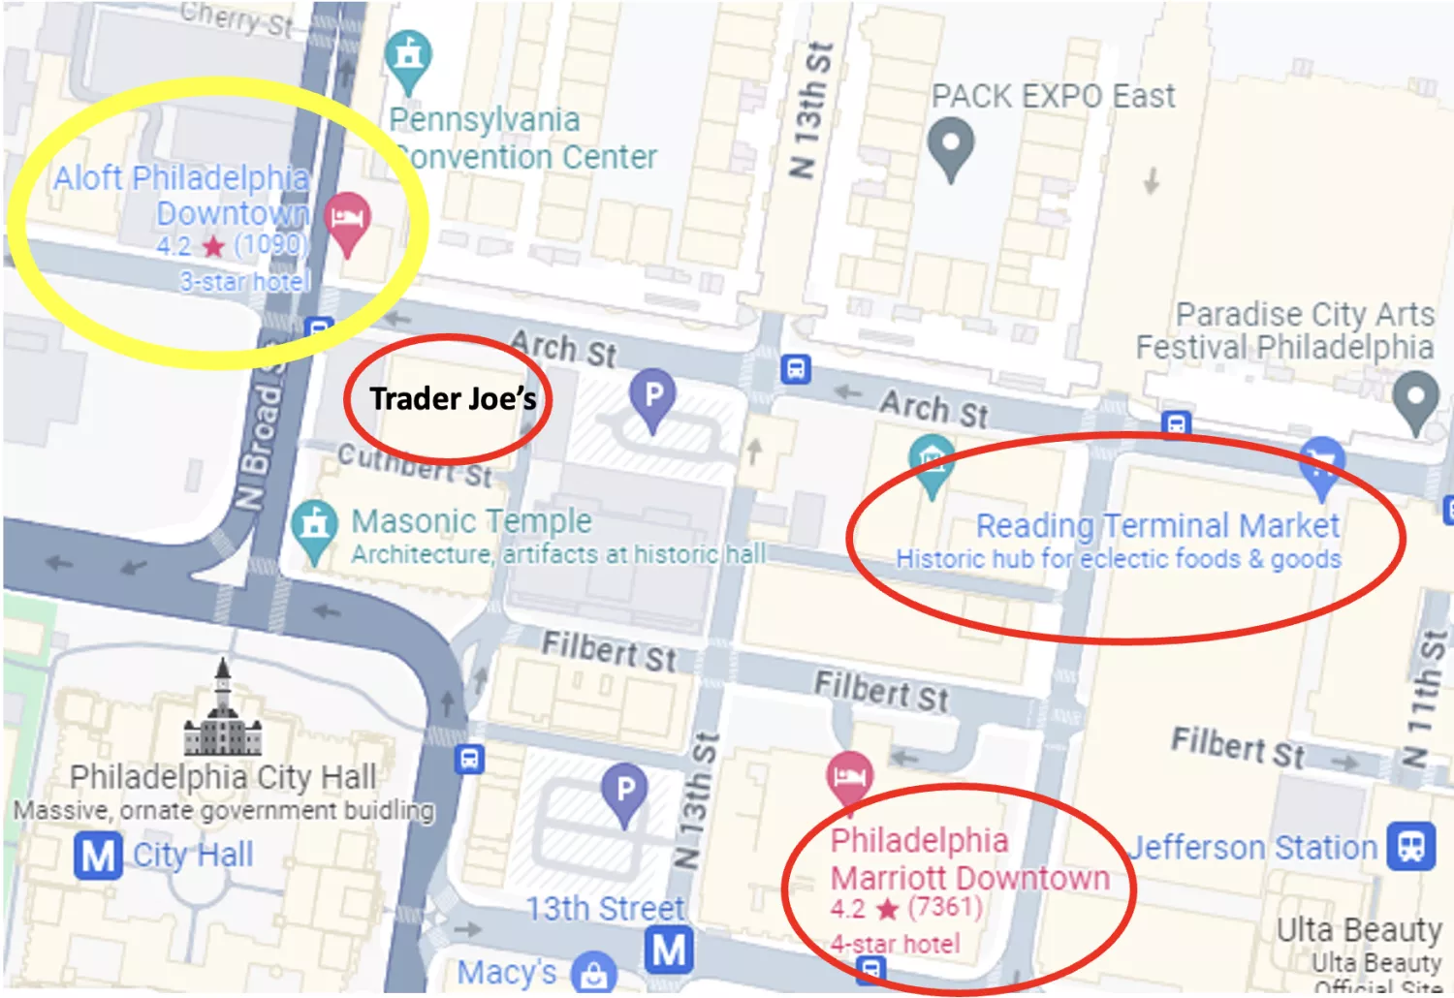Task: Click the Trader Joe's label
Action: click(x=453, y=398)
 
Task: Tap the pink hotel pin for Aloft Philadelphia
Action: click(x=347, y=219)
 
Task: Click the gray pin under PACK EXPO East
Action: click(x=951, y=145)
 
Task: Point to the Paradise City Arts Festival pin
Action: click(x=1416, y=401)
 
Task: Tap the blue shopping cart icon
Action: click(x=1322, y=463)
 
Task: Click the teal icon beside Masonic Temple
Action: click(x=314, y=528)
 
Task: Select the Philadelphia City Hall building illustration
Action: click(x=224, y=712)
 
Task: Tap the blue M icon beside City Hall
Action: click(x=98, y=856)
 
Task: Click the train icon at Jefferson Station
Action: click(x=1410, y=846)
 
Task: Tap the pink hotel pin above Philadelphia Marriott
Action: click(x=850, y=777)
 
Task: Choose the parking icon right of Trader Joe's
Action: click(x=653, y=397)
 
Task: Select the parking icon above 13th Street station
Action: click(x=624, y=793)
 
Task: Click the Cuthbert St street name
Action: click(x=416, y=463)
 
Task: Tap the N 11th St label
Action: click(x=1426, y=698)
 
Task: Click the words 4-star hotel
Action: click(x=895, y=944)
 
